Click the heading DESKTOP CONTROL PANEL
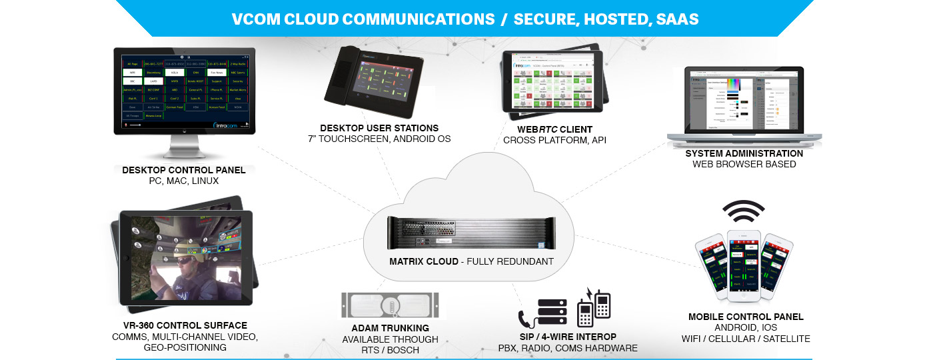[184, 170]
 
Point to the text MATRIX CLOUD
[424, 261]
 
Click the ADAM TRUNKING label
[391, 328]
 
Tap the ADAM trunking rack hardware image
[391, 306]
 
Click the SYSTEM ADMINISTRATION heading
[744, 153]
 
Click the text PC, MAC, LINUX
[184, 181]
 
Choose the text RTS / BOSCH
[391, 350]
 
